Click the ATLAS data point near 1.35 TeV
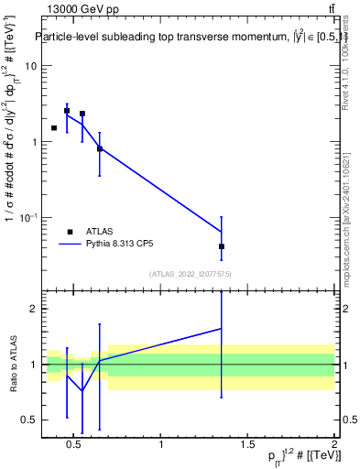222,246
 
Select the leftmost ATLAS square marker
54,128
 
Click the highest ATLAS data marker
67,111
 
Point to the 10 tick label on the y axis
30,66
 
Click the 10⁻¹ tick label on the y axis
27,217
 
